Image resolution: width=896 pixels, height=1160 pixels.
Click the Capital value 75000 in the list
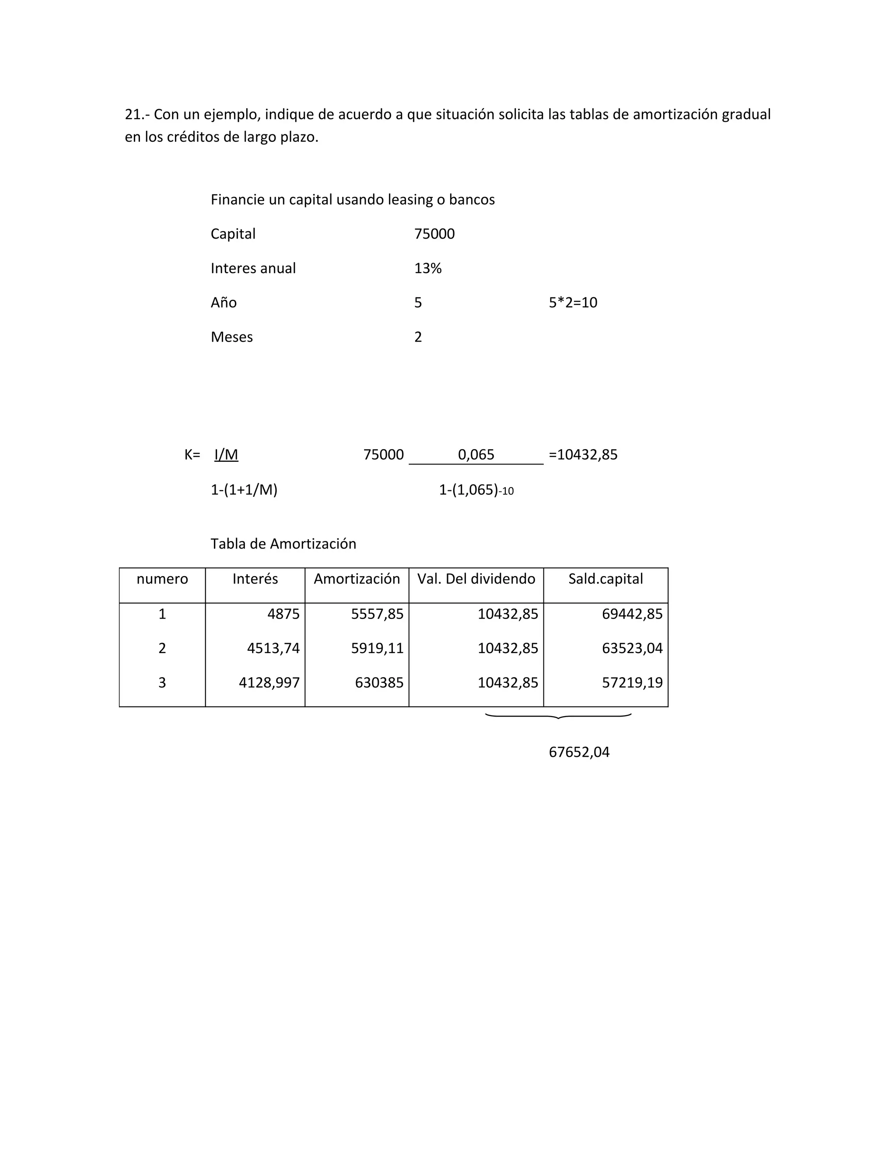click(434, 234)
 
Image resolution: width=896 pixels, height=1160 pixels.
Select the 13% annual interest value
click(428, 269)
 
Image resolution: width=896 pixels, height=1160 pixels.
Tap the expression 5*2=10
click(573, 303)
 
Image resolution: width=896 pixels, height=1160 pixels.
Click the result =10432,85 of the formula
click(583, 455)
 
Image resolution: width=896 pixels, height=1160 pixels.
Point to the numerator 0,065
click(476, 455)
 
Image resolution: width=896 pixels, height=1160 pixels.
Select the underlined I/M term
click(226, 455)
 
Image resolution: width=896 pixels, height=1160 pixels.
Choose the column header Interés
click(255, 579)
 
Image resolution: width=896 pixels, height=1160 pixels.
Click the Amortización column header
click(357, 579)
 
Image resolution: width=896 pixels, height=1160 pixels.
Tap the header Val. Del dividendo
click(476, 579)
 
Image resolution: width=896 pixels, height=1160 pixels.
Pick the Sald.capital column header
click(605, 579)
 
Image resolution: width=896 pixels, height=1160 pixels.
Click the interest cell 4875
click(283, 614)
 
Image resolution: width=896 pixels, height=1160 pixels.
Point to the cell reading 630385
click(379, 683)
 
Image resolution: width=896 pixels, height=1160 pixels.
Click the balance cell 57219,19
click(632, 683)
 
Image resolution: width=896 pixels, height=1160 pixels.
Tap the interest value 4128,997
click(269, 683)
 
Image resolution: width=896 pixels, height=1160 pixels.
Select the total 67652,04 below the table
click(579, 752)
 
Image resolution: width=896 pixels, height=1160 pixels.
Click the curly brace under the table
click(558, 717)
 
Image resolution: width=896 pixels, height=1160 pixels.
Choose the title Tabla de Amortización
click(283, 544)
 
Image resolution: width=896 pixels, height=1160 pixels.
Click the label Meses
click(231, 337)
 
